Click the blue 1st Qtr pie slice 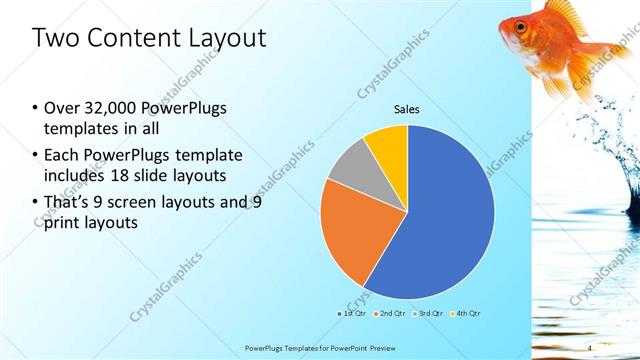coord(440,230)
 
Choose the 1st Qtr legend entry coord(351,314)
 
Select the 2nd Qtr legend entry coord(391,314)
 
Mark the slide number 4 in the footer coord(590,348)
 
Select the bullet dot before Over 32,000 coord(35,109)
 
